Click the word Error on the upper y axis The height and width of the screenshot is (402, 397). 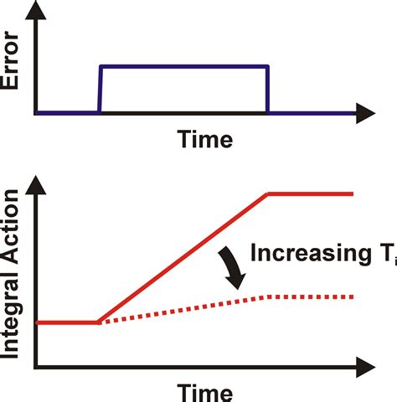[x=10, y=60]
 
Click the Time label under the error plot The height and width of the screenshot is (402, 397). [x=205, y=139]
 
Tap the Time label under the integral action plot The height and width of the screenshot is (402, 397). [x=205, y=393]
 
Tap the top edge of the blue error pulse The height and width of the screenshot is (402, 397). [x=184, y=67]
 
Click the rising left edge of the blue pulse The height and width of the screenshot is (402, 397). [x=100, y=90]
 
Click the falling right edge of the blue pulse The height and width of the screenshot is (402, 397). [x=267, y=90]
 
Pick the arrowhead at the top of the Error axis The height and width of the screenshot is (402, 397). [x=36, y=10]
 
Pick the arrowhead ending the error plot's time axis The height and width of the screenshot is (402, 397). [x=366, y=113]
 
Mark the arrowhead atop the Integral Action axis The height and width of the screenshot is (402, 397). [x=36, y=185]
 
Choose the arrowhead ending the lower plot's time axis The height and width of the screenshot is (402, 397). [x=366, y=367]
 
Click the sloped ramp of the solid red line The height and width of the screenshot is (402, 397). [x=183, y=258]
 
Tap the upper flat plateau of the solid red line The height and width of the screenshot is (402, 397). [x=311, y=194]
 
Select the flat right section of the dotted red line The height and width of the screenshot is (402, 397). [x=311, y=297]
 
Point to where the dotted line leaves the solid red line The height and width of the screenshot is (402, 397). [x=100, y=322]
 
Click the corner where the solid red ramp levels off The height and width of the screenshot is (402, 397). [x=267, y=194]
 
